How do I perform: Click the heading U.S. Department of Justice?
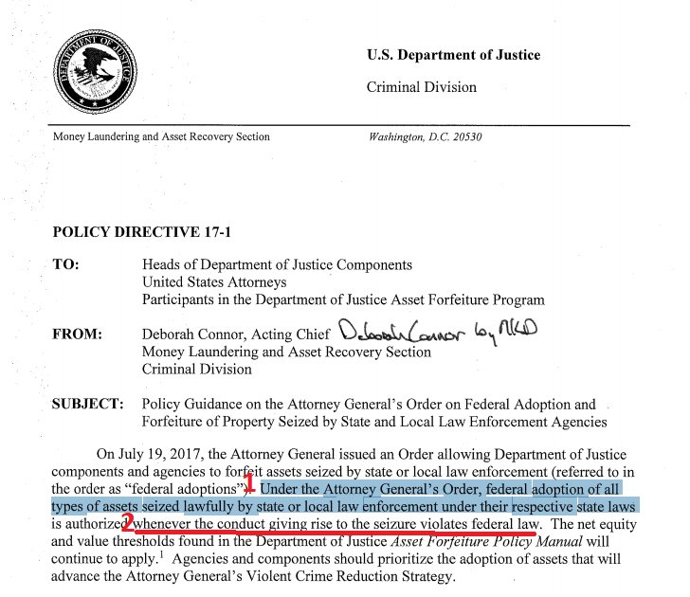click(453, 55)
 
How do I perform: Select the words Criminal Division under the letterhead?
click(421, 87)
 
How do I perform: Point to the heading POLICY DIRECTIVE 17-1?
click(128, 231)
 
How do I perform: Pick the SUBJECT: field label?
click(87, 405)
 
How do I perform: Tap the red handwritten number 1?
click(250, 489)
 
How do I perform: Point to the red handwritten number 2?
click(128, 522)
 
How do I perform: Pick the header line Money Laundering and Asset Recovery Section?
click(161, 137)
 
